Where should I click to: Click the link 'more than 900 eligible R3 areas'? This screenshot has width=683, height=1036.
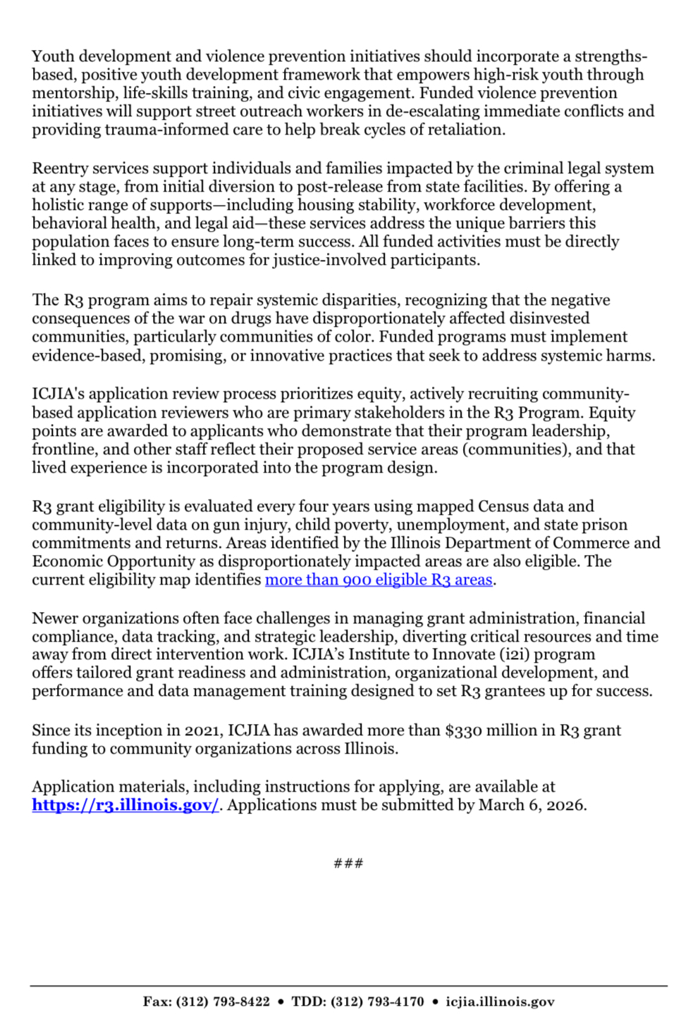point(378,580)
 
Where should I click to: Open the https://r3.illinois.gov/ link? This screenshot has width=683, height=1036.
point(125,805)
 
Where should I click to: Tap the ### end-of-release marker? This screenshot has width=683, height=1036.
point(348,863)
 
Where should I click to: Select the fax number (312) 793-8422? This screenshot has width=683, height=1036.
point(223,1001)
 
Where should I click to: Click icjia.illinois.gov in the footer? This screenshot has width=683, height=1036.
point(500,1001)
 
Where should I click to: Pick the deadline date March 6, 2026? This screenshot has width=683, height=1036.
point(532,805)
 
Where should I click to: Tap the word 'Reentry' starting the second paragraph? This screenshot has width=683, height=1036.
point(59,168)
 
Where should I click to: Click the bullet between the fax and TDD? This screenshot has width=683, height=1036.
point(281,1001)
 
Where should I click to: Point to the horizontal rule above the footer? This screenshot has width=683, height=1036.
point(348,986)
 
